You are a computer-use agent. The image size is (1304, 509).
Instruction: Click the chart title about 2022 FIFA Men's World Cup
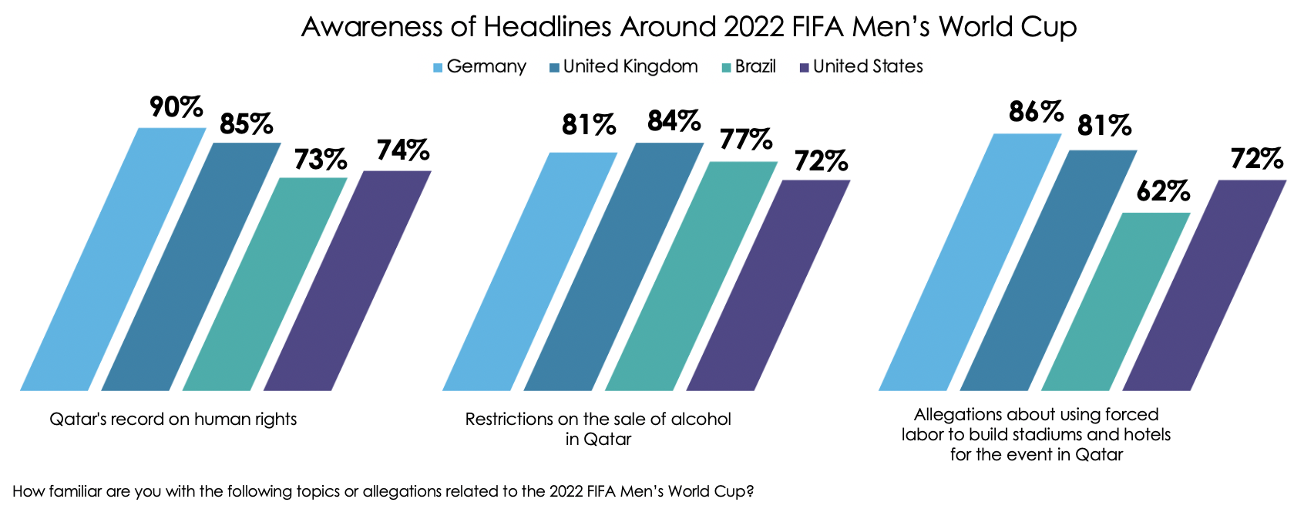coord(688,27)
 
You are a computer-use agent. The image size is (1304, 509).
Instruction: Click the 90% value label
coord(176,108)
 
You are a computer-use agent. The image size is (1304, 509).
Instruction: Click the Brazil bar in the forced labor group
coord(1116,301)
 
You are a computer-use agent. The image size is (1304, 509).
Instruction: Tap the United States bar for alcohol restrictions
coord(768,285)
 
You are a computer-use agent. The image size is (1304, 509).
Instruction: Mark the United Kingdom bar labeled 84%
coord(614,266)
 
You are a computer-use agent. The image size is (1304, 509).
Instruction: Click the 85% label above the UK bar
coord(246,124)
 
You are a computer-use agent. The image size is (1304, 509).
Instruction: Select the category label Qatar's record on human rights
coord(173,420)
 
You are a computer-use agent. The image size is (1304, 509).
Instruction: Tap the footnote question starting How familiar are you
coord(383,491)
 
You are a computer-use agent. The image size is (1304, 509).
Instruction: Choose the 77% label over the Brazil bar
coord(746,140)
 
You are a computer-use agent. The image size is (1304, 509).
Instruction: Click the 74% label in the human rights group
coord(402,150)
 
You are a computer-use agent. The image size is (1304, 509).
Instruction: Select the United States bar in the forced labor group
coord(1205,285)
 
